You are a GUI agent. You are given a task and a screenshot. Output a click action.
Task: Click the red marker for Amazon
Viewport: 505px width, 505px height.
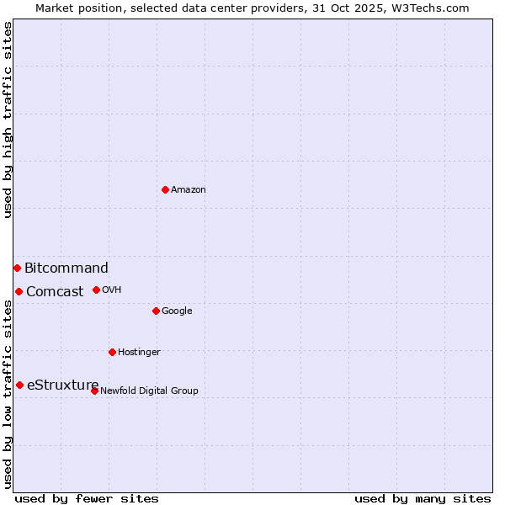click(165, 189)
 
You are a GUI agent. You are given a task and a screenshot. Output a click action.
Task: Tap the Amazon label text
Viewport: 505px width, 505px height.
click(189, 190)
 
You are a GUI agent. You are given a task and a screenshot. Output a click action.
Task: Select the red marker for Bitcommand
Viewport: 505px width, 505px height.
click(17, 268)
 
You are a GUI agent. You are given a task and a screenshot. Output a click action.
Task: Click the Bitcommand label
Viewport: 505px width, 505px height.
click(66, 268)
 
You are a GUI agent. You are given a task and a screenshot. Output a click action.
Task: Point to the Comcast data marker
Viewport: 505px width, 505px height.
click(19, 291)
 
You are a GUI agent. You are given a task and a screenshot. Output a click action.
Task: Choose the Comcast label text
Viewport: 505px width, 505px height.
click(55, 292)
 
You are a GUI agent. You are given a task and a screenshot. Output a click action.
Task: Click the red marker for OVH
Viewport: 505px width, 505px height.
click(96, 290)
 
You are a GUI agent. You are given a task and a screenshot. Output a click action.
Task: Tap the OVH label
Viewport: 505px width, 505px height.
click(112, 290)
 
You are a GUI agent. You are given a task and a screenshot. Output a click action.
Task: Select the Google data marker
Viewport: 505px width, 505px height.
click(156, 311)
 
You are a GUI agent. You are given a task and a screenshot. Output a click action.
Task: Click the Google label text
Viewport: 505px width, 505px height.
click(177, 311)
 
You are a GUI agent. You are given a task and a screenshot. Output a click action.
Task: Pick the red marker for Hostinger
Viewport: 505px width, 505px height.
click(112, 352)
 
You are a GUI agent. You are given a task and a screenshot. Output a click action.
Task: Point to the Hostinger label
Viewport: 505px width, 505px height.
click(139, 353)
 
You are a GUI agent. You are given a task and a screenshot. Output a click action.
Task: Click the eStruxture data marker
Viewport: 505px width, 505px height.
click(19, 385)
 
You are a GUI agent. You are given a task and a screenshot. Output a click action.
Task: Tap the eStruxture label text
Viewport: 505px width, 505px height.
click(63, 385)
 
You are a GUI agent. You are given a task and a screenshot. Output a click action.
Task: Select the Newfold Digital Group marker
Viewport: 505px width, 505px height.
click(94, 391)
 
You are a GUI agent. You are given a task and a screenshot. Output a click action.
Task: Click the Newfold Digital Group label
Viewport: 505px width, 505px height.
click(149, 391)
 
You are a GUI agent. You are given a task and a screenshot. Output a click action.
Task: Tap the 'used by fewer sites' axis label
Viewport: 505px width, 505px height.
click(87, 498)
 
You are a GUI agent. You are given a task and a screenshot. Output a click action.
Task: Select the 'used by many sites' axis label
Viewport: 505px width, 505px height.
click(423, 498)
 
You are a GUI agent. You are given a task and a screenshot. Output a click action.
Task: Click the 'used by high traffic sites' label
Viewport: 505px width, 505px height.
click(8, 120)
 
